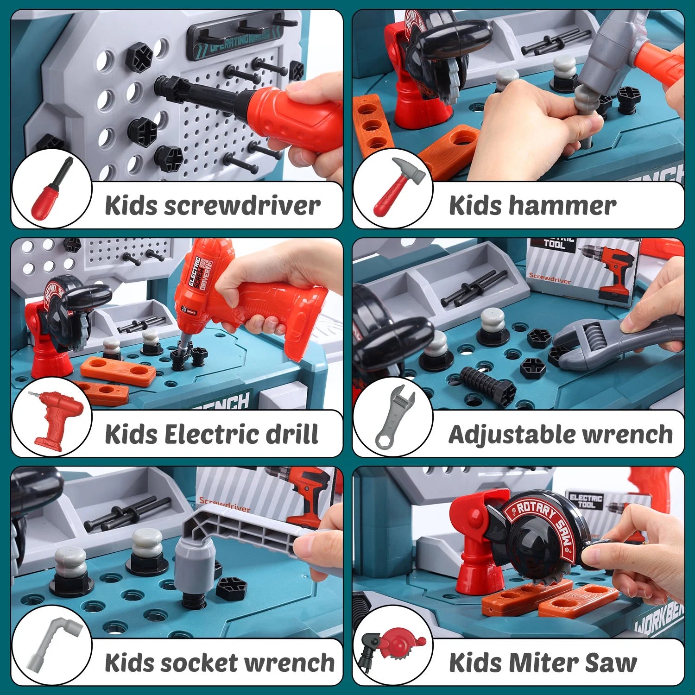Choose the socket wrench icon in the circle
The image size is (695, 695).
pyautogui.click(x=52, y=644)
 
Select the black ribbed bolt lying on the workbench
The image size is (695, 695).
pyautogui.click(x=486, y=385)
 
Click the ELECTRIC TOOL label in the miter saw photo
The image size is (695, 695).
pyautogui.click(x=585, y=501)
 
